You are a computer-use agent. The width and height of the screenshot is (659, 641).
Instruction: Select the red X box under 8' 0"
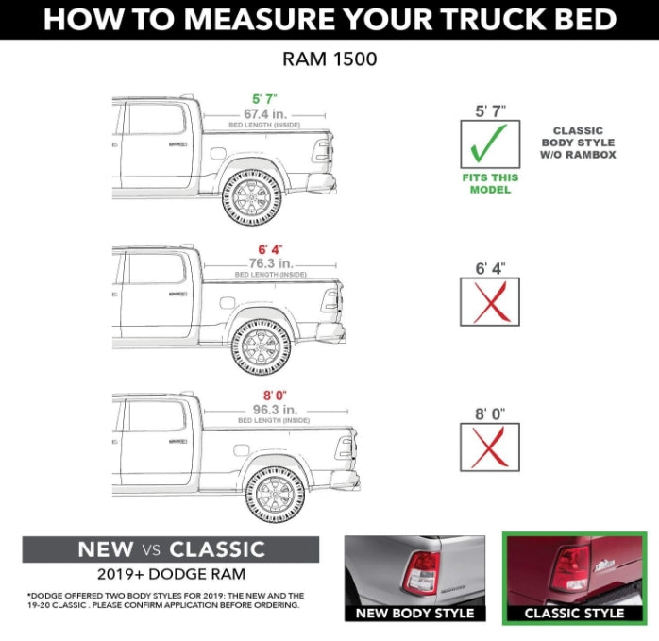pyautogui.click(x=490, y=447)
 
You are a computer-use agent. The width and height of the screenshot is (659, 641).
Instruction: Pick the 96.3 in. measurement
pyautogui.click(x=273, y=410)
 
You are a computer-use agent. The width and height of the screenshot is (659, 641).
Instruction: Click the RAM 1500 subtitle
pyautogui.click(x=329, y=59)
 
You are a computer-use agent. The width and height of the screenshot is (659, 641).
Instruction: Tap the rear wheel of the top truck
pyautogui.click(x=251, y=196)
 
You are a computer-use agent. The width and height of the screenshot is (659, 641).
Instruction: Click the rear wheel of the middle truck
pyautogui.click(x=262, y=346)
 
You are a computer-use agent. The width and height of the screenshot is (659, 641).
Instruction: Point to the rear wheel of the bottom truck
pyautogui.click(x=275, y=494)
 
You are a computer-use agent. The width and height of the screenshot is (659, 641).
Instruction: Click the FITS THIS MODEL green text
pyautogui.click(x=490, y=183)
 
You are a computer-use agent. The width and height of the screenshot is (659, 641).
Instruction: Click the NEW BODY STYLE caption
pyautogui.click(x=414, y=614)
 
